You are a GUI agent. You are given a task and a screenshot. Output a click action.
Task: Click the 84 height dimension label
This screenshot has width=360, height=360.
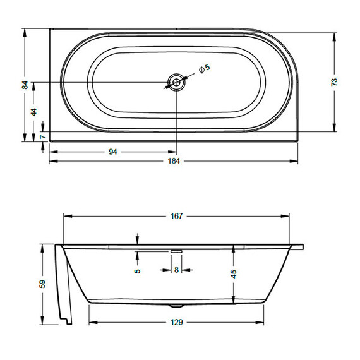[x=25, y=85]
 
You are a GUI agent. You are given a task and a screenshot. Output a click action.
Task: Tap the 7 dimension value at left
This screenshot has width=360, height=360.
[x=42, y=136]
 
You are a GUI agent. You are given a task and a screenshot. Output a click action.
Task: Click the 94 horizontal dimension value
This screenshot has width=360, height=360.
[x=113, y=152]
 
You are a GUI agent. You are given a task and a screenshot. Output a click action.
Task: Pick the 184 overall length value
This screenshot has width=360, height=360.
[x=174, y=161]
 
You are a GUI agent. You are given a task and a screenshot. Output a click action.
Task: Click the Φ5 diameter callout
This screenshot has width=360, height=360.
[x=204, y=68]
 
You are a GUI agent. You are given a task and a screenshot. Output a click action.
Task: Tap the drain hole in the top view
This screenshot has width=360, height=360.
[x=176, y=82]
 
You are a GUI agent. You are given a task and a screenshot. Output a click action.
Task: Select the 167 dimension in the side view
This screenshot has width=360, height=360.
[x=176, y=216]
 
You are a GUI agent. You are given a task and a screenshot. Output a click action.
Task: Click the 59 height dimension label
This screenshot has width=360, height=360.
[x=42, y=284]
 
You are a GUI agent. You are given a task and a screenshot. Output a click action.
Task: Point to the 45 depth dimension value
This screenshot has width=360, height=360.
[x=234, y=274]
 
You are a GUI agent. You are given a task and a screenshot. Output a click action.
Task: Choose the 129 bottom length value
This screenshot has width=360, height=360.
[x=176, y=323]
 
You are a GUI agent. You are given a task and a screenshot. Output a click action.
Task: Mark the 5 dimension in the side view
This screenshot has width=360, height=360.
[x=137, y=270]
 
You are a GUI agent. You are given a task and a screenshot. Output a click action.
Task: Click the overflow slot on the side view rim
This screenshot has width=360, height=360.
[x=176, y=249]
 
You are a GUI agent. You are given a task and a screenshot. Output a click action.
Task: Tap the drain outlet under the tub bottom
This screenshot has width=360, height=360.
[x=175, y=306]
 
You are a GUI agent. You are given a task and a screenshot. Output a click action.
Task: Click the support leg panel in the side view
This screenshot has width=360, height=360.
[x=65, y=284]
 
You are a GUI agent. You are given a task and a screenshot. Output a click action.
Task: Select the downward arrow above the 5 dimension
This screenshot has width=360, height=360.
[x=137, y=238]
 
